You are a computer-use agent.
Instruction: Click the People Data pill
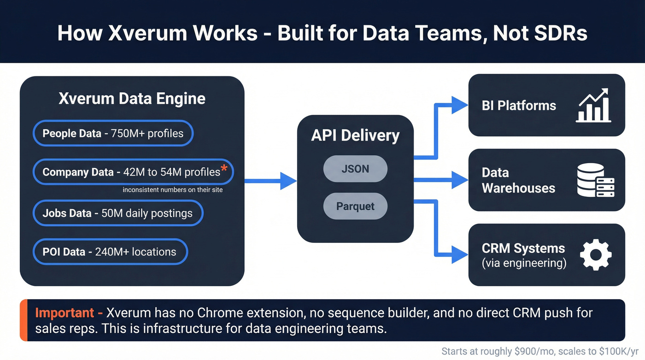point(113,134)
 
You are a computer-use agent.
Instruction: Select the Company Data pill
point(133,172)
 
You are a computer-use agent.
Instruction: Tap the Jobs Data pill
point(117,213)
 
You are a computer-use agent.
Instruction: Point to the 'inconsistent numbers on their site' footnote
point(172,190)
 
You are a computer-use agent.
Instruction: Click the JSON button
point(355,169)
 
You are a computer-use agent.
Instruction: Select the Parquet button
point(355,206)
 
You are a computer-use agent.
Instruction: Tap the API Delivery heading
point(355,136)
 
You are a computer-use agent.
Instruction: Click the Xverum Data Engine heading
point(132,99)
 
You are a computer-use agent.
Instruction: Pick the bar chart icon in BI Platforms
point(594,106)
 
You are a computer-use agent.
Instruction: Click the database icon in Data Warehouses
point(595,180)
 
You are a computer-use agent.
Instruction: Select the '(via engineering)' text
point(524,263)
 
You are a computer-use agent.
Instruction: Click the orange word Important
point(64,313)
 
